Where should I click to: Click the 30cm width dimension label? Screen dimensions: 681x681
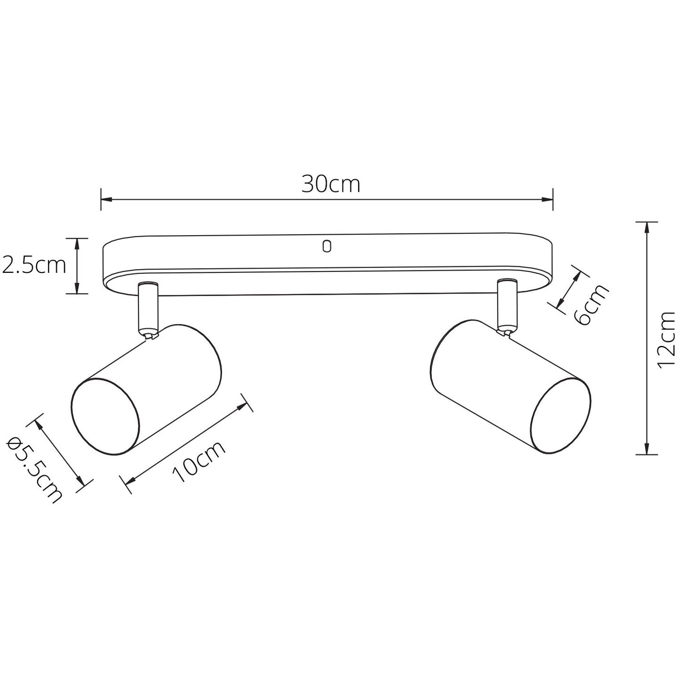click(331, 184)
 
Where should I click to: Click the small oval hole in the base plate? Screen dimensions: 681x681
click(327, 246)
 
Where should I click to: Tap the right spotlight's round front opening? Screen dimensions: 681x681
click(561, 416)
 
